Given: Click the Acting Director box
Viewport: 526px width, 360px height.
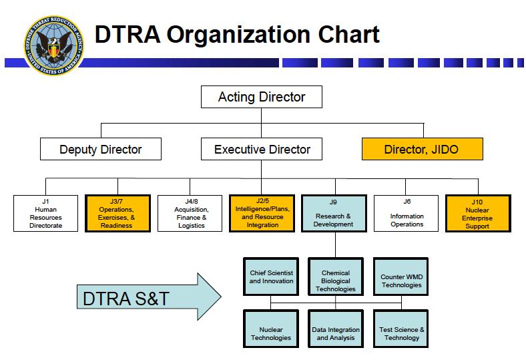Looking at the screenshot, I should coord(262,97).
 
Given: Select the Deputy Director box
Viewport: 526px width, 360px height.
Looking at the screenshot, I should coord(101,149).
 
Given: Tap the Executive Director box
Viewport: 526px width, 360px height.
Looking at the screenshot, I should coord(262,149).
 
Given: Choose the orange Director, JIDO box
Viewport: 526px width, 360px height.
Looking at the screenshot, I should coord(421,149).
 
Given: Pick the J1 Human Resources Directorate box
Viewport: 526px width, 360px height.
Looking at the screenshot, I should coord(45,213).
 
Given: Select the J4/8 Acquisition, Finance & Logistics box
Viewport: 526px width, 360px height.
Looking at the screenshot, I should coord(190,213).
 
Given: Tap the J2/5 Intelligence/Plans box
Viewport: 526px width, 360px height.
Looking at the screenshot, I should coord(262,213).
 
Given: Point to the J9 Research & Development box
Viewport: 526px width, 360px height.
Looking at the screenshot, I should coord(334,213).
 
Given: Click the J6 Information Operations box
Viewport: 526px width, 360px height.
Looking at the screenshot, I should coord(407,213).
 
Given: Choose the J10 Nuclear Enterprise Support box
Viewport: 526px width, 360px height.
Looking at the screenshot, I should coord(478,213).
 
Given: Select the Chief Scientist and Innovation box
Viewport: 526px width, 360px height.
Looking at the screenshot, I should coord(271,277).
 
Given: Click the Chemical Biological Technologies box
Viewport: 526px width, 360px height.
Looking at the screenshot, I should coord(335,277).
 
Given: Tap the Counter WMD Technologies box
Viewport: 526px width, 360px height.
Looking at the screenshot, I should coord(401,277).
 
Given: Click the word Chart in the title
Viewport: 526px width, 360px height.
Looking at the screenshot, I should coord(340,35).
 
